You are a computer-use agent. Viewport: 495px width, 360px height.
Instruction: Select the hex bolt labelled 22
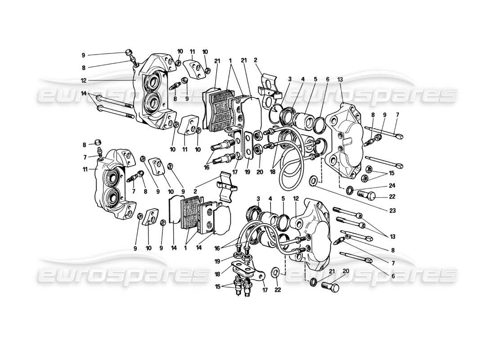click(365, 195)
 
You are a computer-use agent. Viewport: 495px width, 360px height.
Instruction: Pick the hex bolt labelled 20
click(329, 287)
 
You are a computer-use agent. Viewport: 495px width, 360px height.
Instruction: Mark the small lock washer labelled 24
click(349, 191)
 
